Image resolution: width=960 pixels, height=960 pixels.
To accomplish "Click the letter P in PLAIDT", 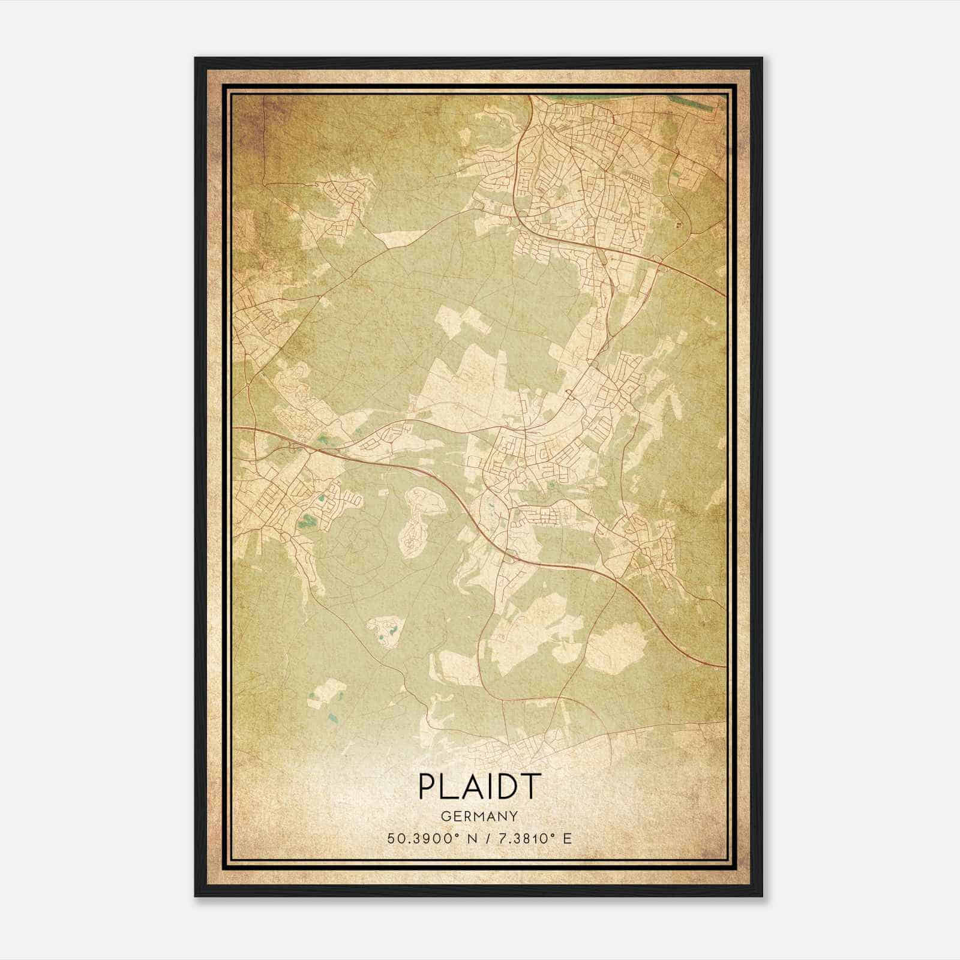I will pos(427,787).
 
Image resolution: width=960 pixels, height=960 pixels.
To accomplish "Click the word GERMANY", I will pos(479,816).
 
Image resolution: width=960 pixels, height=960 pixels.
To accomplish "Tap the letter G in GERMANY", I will pos(445,816).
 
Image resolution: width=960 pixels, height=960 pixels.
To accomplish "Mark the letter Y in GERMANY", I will pos(514,816).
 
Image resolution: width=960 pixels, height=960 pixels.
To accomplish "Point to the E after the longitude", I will pos(567,838).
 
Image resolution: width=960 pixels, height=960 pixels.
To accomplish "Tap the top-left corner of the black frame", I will pos(196,58).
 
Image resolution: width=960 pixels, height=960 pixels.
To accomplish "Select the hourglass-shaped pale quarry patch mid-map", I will pos(422,519).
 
